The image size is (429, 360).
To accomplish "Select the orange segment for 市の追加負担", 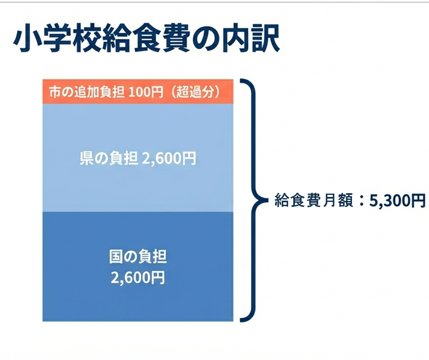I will coord(138,92).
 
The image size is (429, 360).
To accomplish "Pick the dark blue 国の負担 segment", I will coord(138,297).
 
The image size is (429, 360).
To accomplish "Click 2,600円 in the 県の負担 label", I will coord(169,158).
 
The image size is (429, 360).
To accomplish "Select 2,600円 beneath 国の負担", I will coord(138,277).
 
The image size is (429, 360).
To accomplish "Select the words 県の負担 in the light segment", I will coord(108,158).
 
